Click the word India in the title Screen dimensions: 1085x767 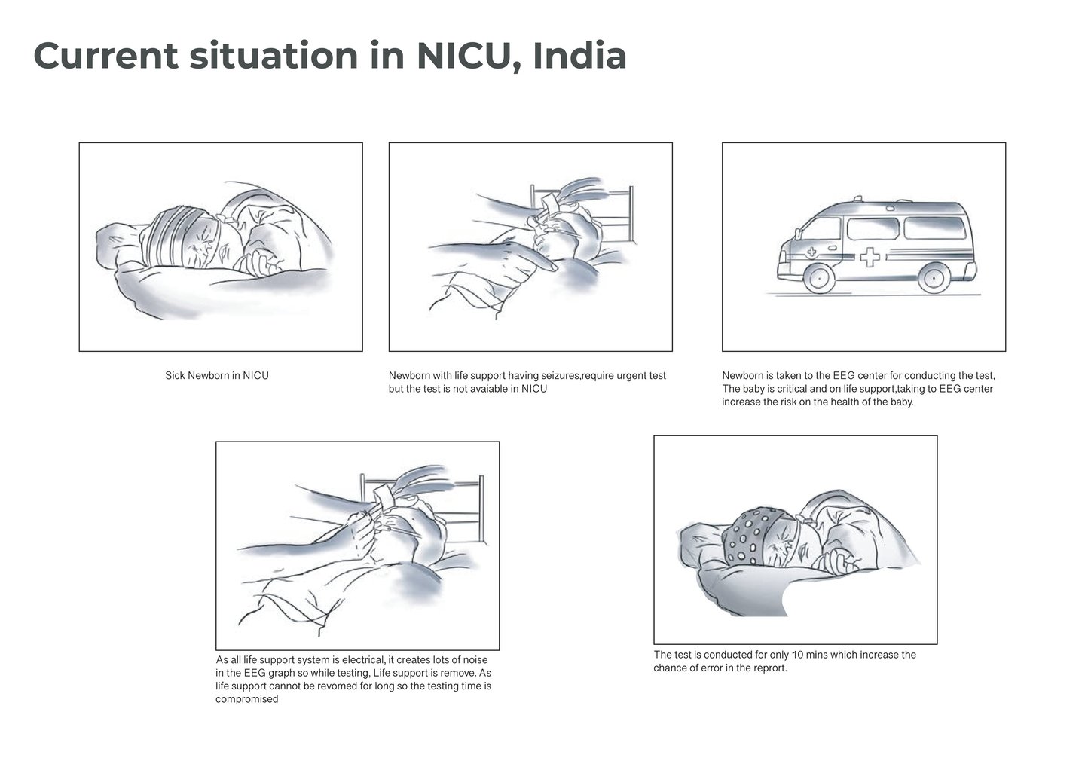coord(579,56)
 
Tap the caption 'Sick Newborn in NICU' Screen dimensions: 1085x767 coord(216,375)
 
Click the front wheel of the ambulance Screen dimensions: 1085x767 coord(818,278)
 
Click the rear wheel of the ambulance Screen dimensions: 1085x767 coord(934,278)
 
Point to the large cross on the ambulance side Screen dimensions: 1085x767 coord(870,257)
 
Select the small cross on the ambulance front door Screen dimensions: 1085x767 coord(811,252)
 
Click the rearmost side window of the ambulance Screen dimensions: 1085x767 coord(935,228)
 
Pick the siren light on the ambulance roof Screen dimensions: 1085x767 coord(857,198)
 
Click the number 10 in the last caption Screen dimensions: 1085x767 coord(797,655)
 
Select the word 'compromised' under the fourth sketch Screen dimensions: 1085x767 coord(247,699)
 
